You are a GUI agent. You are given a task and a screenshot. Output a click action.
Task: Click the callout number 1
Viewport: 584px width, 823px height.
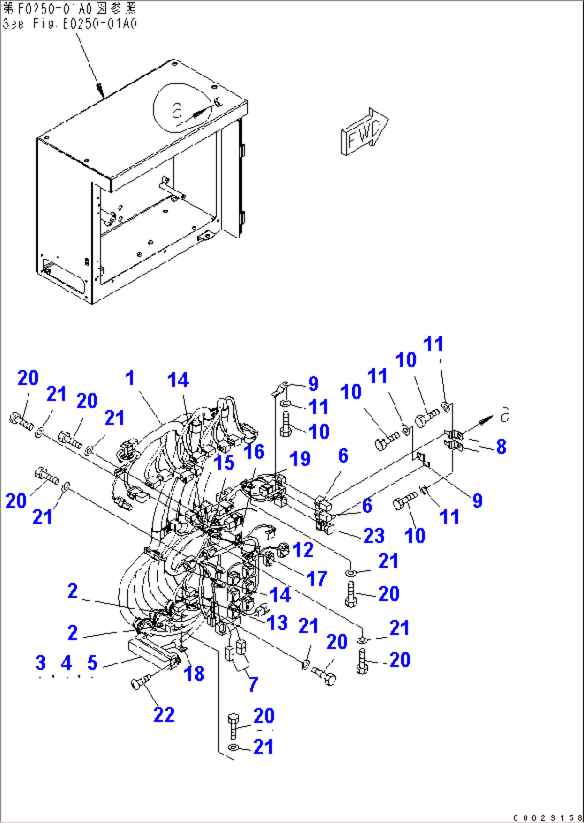[x=130, y=378]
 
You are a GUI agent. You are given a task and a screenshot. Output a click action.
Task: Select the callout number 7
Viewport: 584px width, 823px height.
[x=253, y=684]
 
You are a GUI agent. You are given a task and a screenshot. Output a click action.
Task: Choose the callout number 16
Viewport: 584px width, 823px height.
[x=254, y=452]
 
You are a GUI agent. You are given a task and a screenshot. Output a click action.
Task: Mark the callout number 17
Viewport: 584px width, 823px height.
[x=317, y=578]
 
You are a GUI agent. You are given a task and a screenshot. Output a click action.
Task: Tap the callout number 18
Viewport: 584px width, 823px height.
[x=194, y=674]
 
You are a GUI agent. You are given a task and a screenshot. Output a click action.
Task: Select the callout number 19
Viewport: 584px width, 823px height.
[x=300, y=459]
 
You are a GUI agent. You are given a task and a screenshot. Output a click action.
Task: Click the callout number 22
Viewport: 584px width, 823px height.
[x=164, y=714]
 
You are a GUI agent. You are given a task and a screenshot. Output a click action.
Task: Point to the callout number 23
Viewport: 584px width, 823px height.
[x=374, y=535]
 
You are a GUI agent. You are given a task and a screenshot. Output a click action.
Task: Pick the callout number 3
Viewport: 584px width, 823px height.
[x=41, y=663]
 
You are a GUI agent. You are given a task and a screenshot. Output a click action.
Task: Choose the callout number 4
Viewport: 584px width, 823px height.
[x=66, y=663]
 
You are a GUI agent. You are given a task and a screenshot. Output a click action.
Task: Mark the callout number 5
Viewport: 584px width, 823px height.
[x=92, y=663]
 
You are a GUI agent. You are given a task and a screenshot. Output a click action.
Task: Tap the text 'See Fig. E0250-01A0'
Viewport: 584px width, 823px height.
[x=70, y=24]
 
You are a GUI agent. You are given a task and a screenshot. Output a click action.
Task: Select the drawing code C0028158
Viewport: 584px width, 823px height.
[x=546, y=818]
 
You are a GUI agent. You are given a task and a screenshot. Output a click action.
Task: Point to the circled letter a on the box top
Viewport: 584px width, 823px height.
[x=177, y=111]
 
